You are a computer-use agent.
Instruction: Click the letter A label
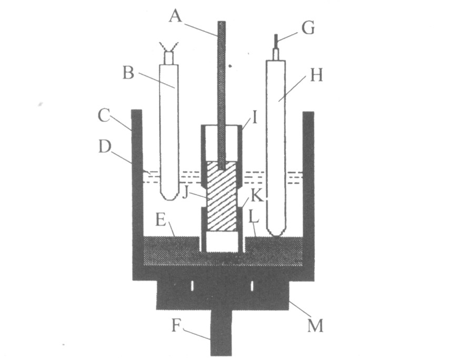click(176, 16)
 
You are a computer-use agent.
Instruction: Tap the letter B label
click(129, 73)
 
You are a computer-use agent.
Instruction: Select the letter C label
click(104, 115)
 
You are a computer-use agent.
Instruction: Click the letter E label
click(161, 220)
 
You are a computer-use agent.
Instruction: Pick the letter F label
click(176, 326)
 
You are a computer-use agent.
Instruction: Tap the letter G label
click(308, 28)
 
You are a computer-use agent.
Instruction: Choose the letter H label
click(316, 75)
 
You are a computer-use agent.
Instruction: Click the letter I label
click(254, 118)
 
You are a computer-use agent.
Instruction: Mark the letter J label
click(185, 193)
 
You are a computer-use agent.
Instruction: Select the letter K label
click(257, 196)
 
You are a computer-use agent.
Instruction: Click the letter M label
click(316, 326)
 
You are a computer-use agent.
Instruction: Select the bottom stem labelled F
click(221, 333)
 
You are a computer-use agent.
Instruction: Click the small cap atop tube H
click(276, 54)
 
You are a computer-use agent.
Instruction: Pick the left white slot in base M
click(192, 286)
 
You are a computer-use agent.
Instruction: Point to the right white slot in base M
click(252, 286)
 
